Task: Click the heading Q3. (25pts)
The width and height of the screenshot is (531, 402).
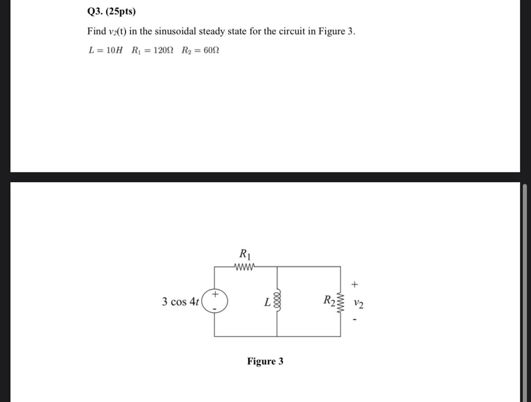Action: tap(111, 12)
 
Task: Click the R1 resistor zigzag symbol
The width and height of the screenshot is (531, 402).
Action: tap(245, 266)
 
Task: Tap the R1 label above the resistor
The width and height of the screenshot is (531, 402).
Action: tap(245, 253)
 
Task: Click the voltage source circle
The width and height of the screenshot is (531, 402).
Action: tap(215, 301)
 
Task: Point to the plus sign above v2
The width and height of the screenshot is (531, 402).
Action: tap(355, 285)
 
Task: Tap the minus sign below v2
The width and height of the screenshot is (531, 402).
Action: tap(355, 320)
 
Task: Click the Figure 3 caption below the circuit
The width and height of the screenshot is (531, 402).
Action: tap(265, 361)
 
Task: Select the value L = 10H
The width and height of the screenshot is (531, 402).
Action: tap(105, 50)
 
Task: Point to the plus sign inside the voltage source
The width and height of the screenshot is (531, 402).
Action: tap(215, 294)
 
